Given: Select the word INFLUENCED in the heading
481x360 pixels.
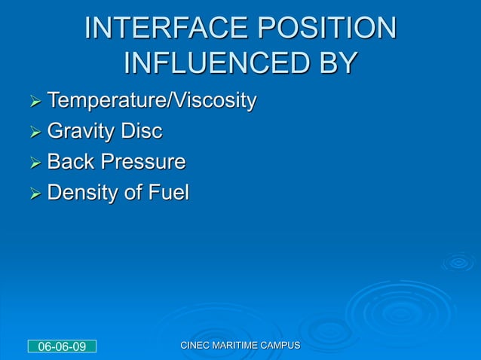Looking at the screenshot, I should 211,63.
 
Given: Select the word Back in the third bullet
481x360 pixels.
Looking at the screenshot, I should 69,163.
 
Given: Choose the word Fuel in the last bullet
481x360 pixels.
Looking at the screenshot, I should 167,194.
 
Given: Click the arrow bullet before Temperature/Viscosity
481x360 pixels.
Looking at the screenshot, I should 32,101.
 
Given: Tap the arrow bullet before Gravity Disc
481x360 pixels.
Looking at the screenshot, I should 32,133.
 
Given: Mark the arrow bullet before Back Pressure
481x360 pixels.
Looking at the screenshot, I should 32,163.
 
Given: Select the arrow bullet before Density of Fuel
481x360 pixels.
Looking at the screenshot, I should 32,194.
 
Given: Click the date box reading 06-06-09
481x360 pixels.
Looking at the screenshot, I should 62,346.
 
